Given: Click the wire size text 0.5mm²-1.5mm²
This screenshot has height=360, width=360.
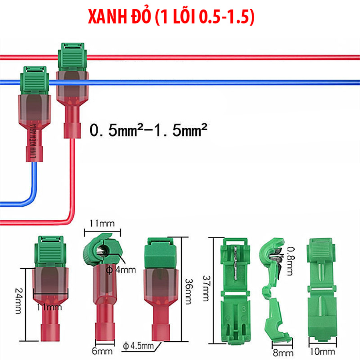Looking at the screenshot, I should (x=149, y=131).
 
